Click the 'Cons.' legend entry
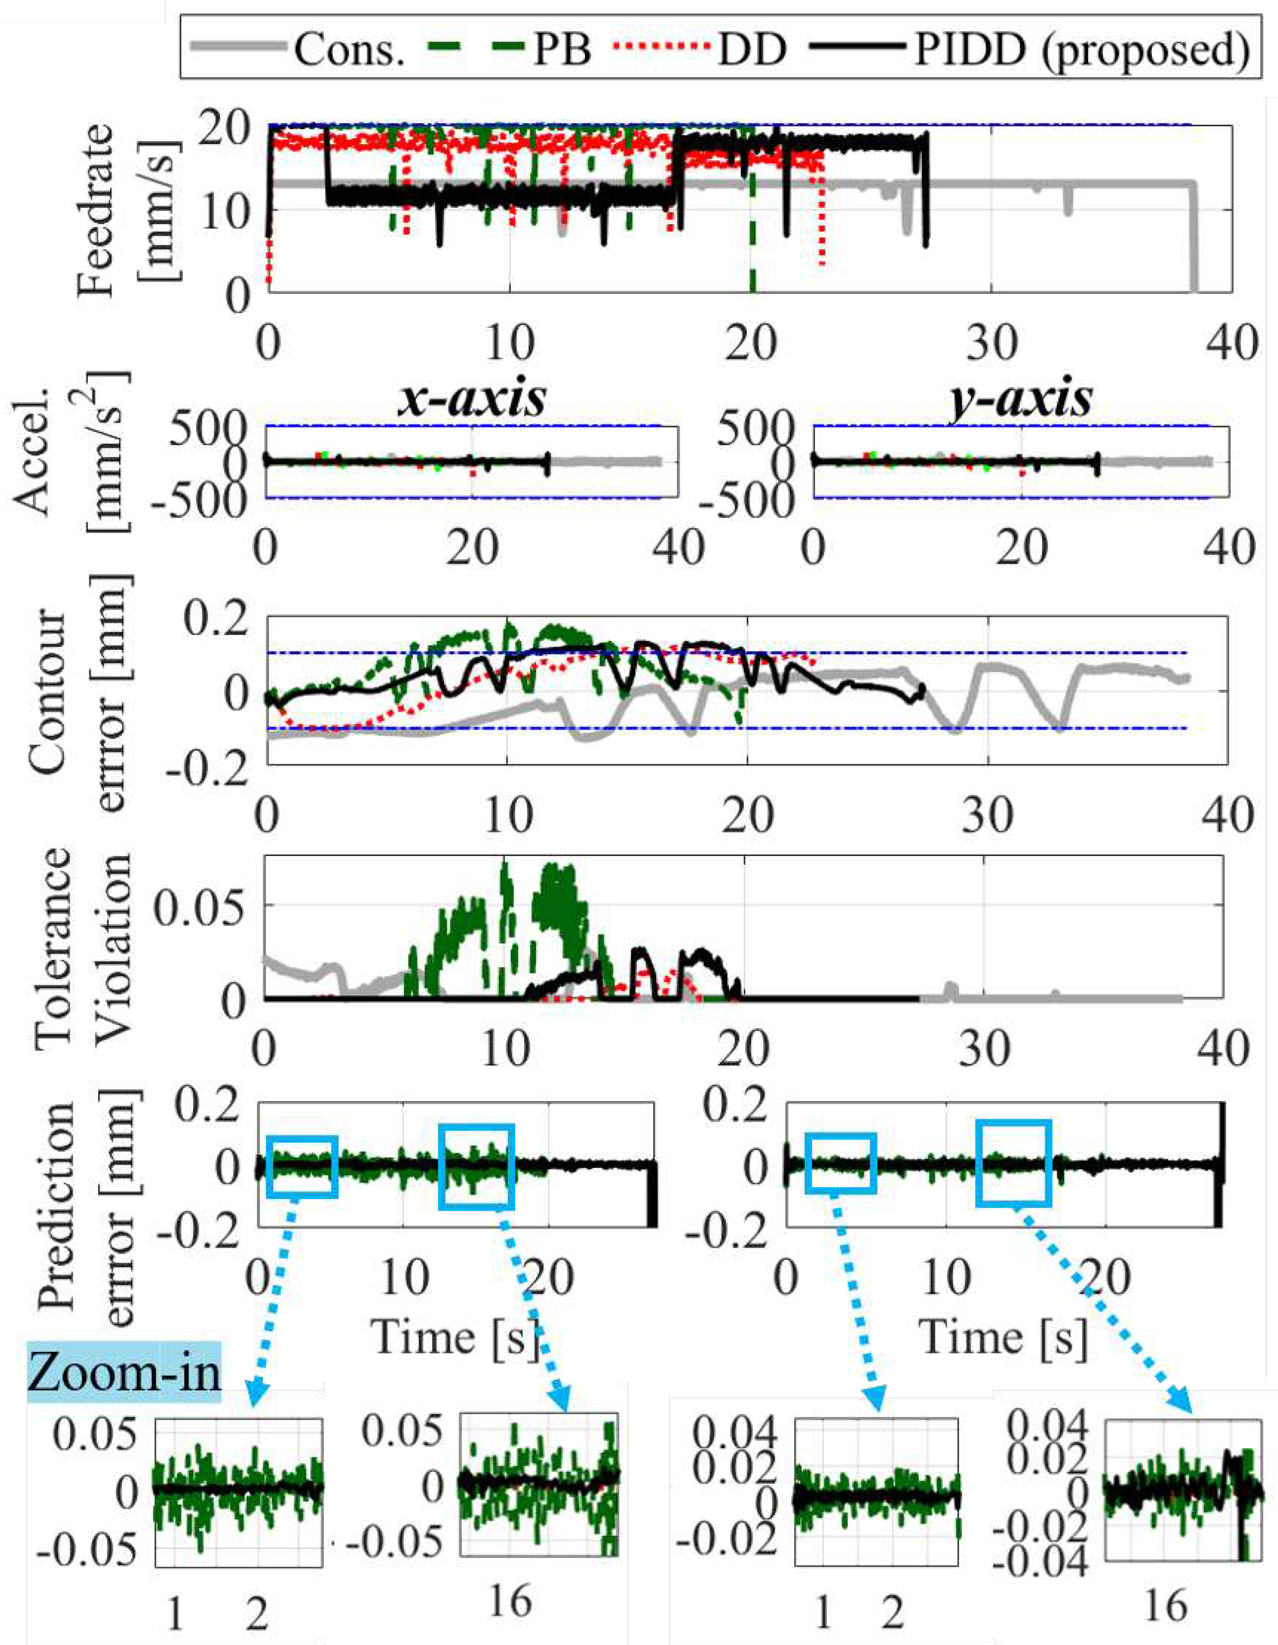tap(348, 50)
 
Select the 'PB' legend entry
tap(562, 50)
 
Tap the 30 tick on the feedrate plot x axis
tap(992, 343)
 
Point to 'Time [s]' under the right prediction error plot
tap(1005, 1337)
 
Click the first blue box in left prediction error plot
tap(302, 1165)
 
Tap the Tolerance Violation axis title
tap(83, 949)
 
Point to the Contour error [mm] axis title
tap(83, 689)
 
